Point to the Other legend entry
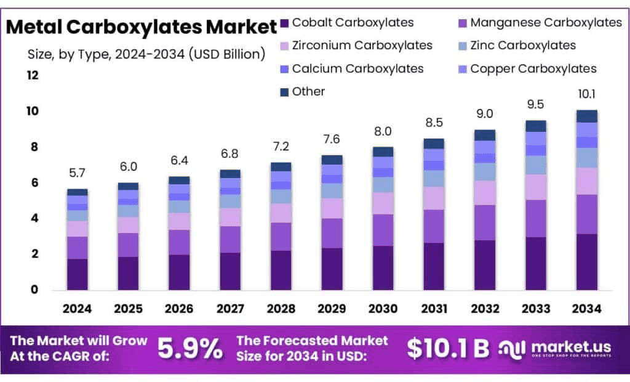point(308,91)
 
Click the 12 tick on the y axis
point(32,75)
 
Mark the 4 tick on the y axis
point(34,218)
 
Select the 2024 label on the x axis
point(77,308)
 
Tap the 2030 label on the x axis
point(383,308)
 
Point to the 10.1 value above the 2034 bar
point(586,94)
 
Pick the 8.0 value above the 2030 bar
point(383,132)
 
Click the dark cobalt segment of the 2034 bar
point(586,262)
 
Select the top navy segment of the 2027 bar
point(230,174)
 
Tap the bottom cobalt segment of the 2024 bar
point(77,274)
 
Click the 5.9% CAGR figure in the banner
point(190,349)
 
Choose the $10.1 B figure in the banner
point(448,349)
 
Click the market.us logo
point(557,349)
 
